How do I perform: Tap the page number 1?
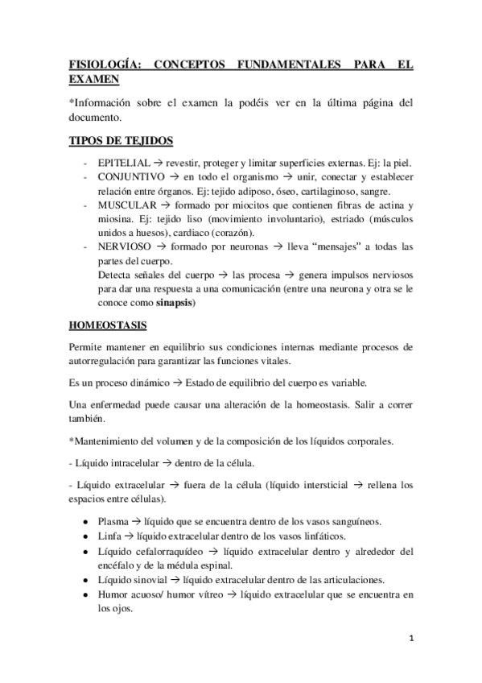[411, 640]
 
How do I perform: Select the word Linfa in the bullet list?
[109, 536]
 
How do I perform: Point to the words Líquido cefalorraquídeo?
[147, 551]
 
